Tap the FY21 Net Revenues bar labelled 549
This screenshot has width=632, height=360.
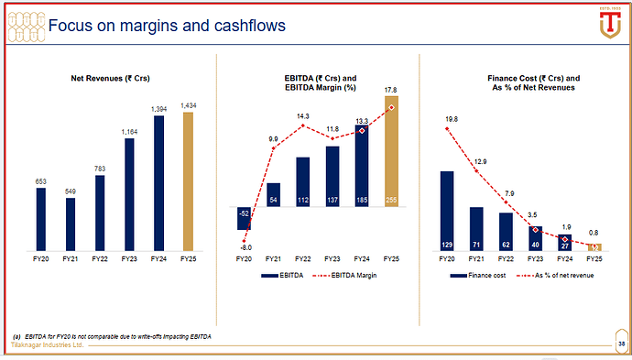tap(71, 224)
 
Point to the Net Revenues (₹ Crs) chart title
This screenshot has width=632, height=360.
tap(110, 78)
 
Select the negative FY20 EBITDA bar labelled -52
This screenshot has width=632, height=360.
tap(243, 217)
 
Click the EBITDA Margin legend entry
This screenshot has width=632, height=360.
tap(343, 276)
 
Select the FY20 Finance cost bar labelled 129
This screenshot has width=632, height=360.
tap(447, 211)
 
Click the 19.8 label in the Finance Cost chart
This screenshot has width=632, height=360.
tap(448, 118)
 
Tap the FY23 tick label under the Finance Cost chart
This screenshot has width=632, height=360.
tap(535, 260)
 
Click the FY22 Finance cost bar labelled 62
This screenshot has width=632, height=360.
tap(506, 231)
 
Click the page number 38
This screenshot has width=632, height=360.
tap(621, 344)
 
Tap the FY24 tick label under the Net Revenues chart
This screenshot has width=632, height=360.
tap(159, 260)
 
